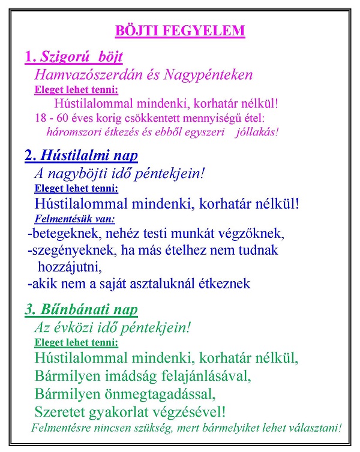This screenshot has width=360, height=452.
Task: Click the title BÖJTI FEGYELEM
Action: (x=180, y=30)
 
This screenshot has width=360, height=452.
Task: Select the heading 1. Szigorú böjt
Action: (x=74, y=58)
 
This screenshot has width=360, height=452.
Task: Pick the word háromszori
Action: (x=71, y=131)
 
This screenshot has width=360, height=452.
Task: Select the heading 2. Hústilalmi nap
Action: (x=81, y=156)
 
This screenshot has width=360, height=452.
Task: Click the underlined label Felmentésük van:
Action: (x=75, y=218)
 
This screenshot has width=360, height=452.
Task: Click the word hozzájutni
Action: (x=70, y=266)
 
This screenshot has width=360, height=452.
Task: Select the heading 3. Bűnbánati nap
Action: (x=81, y=310)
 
